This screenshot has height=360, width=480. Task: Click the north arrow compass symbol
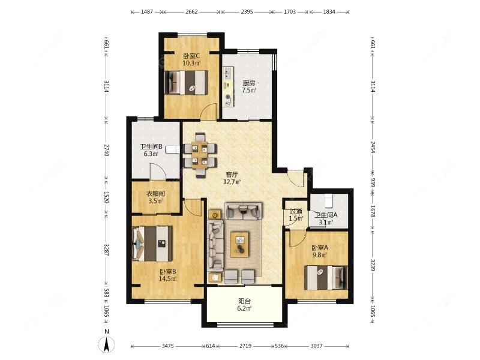pyautogui.click(x=107, y=344)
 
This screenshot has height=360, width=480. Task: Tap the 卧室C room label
pyautogui.click(x=191, y=56)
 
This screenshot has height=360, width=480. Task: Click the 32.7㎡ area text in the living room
pyautogui.click(x=232, y=182)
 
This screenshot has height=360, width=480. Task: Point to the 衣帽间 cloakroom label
pyautogui.click(x=155, y=194)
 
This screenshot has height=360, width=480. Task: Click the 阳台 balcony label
pyautogui.click(x=245, y=301)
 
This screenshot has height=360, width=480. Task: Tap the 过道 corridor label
pyautogui.click(x=296, y=211)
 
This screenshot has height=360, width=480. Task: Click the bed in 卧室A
pyautogui.click(x=326, y=278)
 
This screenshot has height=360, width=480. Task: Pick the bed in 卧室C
pyautogui.click(x=186, y=82)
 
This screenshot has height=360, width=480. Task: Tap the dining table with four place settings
pyautogui.click(x=200, y=155)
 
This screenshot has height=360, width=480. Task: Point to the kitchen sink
pyautogui.click(x=228, y=73)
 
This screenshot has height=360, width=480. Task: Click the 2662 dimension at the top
pyautogui.click(x=191, y=12)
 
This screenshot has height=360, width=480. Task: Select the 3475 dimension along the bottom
pyautogui.click(x=168, y=346)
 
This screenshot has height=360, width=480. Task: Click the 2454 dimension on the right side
pyautogui.click(x=373, y=147)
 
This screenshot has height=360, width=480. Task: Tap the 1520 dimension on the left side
pyautogui.click(x=106, y=197)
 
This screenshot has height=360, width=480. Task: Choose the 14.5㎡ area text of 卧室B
pyautogui.click(x=168, y=278)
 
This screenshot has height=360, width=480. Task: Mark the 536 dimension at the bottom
pyautogui.click(x=279, y=346)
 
